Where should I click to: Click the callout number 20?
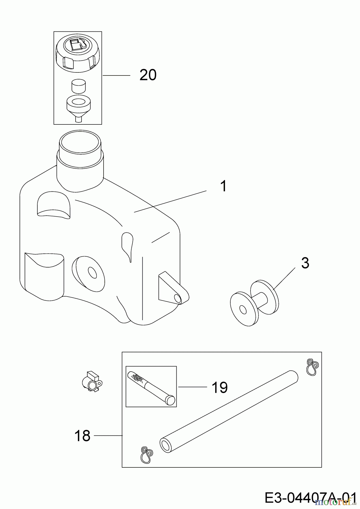click(148, 75)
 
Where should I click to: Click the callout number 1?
click(224, 186)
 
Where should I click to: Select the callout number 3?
click(305, 263)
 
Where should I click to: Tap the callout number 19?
click(220, 387)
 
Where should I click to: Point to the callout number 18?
click(82, 436)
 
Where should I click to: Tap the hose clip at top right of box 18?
click(312, 367)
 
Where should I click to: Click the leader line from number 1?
click(170, 201)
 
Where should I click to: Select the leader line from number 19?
click(192, 387)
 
